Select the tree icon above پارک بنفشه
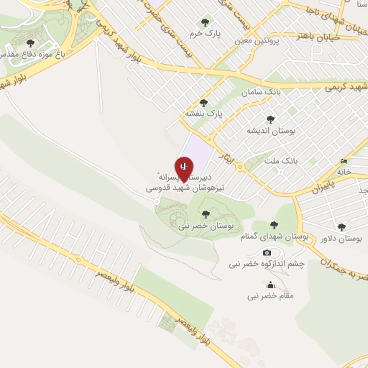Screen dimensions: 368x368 click(x=203, y=103)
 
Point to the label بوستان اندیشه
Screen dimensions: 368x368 click(x=267, y=131)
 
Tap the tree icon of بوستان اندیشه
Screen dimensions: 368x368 click(x=270, y=119)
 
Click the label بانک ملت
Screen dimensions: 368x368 click(x=280, y=160)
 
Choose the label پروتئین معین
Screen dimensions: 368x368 click(x=255, y=42)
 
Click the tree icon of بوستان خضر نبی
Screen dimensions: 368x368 click(x=206, y=213)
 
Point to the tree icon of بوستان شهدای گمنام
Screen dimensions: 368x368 click(x=277, y=224)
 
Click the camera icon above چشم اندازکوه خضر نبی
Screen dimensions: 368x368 click(x=267, y=252)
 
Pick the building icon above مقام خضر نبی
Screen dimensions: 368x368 click(x=270, y=284)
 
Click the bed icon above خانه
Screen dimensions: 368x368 click(x=344, y=161)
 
